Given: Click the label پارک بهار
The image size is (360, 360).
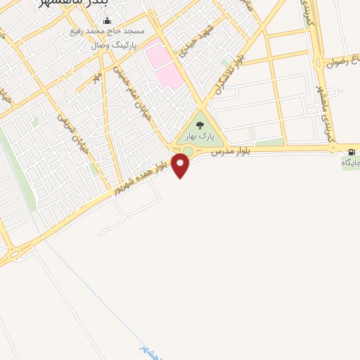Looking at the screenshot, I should [x=198, y=135].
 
